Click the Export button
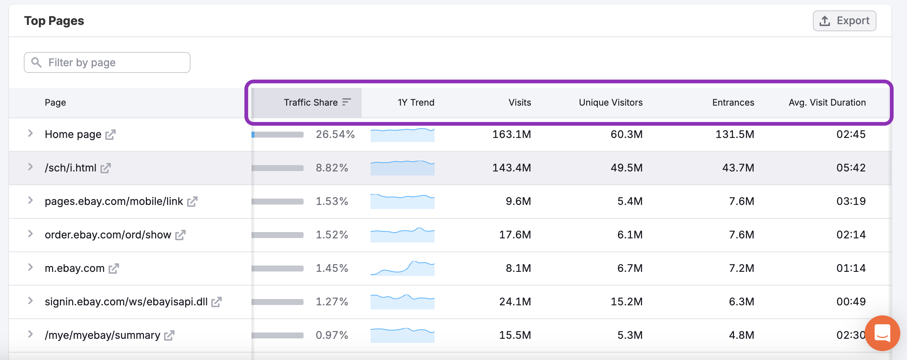point(844,21)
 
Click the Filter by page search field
point(107,62)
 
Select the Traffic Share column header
point(311,103)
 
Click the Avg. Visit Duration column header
point(827,103)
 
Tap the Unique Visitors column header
point(610,103)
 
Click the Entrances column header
point(733,103)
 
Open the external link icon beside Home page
point(110,135)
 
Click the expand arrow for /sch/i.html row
point(31,167)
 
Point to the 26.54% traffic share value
point(335,134)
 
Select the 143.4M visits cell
point(512,168)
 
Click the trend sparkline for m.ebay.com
point(402,268)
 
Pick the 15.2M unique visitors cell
point(626,302)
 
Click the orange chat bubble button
point(882,333)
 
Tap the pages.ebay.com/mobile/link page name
point(114,201)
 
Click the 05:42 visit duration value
point(851,168)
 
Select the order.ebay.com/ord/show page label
point(108,235)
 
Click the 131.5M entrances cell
point(735,134)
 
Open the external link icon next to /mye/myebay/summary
point(169,335)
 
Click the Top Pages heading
point(54,21)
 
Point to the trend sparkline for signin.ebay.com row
point(402,302)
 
